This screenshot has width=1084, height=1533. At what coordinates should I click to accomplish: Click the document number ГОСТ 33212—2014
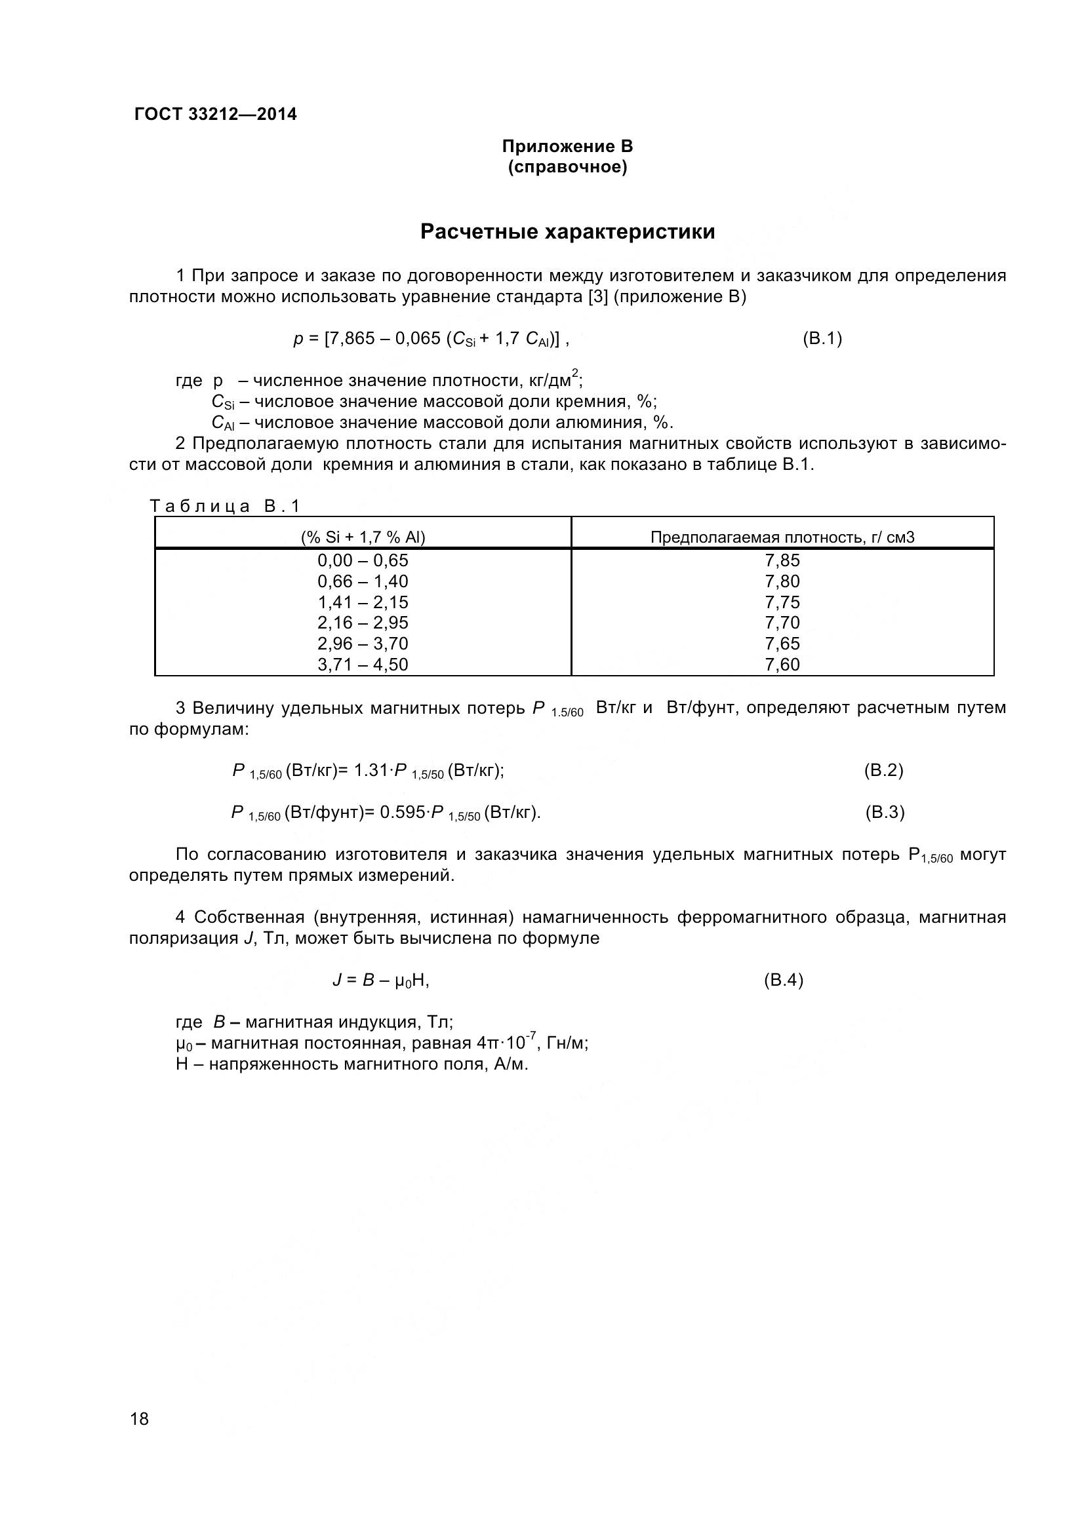[x=216, y=114]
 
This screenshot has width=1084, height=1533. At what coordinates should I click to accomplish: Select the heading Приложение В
[x=567, y=146]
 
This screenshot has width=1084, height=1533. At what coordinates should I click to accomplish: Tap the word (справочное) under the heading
[x=567, y=167]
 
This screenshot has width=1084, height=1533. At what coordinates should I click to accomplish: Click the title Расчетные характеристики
[x=567, y=231]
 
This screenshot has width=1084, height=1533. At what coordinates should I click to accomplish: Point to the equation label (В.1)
[x=822, y=338]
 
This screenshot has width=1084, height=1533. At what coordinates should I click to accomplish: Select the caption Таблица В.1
[x=225, y=506]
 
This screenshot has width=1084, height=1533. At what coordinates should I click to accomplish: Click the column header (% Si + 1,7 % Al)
[x=363, y=537]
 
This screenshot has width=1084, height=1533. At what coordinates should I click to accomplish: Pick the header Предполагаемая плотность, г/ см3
[x=782, y=537]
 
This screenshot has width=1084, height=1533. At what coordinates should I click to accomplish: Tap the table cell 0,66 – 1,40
[x=363, y=581]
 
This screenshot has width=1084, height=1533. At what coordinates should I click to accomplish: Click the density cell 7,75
[x=782, y=602]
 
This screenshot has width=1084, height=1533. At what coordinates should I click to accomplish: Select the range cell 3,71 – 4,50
[x=363, y=665]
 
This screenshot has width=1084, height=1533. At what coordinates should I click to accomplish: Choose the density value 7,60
[x=782, y=665]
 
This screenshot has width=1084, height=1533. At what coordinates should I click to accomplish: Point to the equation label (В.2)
[x=883, y=771]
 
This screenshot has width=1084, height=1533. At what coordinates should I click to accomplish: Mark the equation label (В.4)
[x=783, y=980]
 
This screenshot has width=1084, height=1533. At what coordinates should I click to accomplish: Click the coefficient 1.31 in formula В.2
[x=371, y=771]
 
